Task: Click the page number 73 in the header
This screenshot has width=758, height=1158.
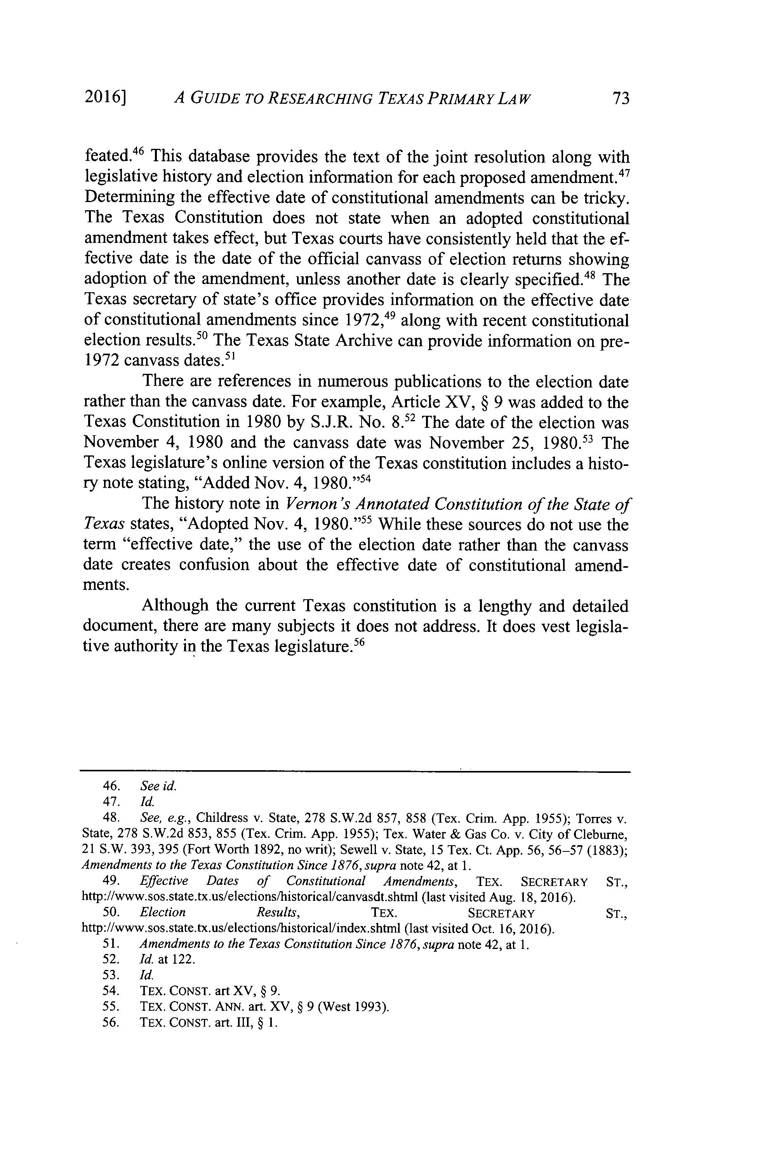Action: coord(621,99)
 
